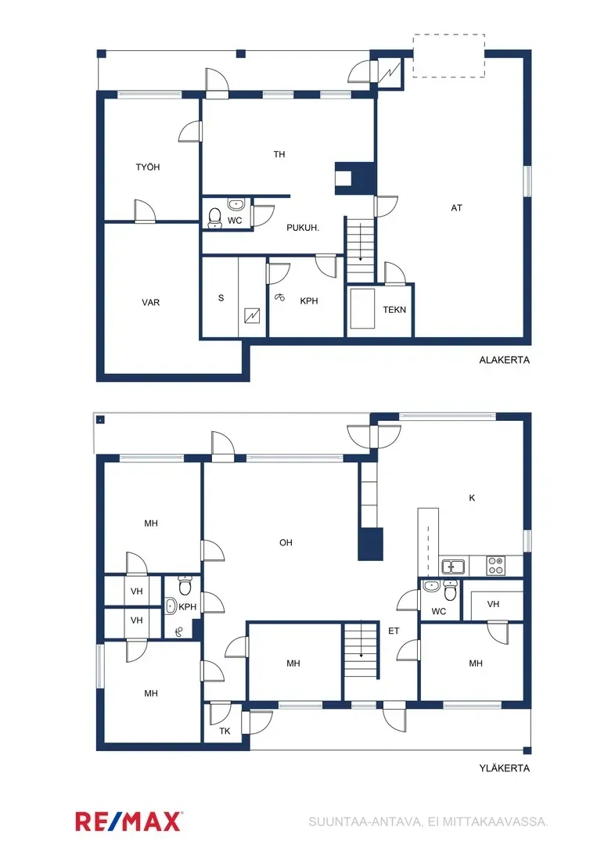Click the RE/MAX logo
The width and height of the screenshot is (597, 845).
pyautogui.click(x=129, y=821)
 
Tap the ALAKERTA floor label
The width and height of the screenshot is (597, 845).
pyautogui.click(x=505, y=361)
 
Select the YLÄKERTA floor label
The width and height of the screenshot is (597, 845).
pyautogui.click(x=505, y=768)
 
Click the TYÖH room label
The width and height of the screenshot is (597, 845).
pyautogui.click(x=148, y=167)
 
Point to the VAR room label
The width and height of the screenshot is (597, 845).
pyautogui.click(x=151, y=302)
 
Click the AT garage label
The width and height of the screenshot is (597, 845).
pyautogui.click(x=456, y=208)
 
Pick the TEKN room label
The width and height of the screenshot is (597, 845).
pyautogui.click(x=394, y=310)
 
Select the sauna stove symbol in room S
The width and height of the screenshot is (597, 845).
pyautogui.click(x=253, y=315)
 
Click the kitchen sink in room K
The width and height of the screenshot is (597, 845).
pyautogui.click(x=453, y=566)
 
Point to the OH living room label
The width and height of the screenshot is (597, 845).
pyautogui.click(x=286, y=542)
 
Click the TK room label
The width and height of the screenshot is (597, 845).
pyautogui.click(x=225, y=732)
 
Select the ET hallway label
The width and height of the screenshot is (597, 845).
pyautogui.click(x=394, y=630)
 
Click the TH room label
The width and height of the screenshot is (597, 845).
pyautogui.click(x=279, y=154)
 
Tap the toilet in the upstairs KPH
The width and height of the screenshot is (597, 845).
pyautogui.click(x=185, y=585)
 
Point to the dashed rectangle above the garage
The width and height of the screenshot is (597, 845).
pyautogui.click(x=449, y=56)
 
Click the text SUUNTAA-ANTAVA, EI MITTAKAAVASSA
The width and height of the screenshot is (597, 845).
pyautogui.click(x=428, y=822)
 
